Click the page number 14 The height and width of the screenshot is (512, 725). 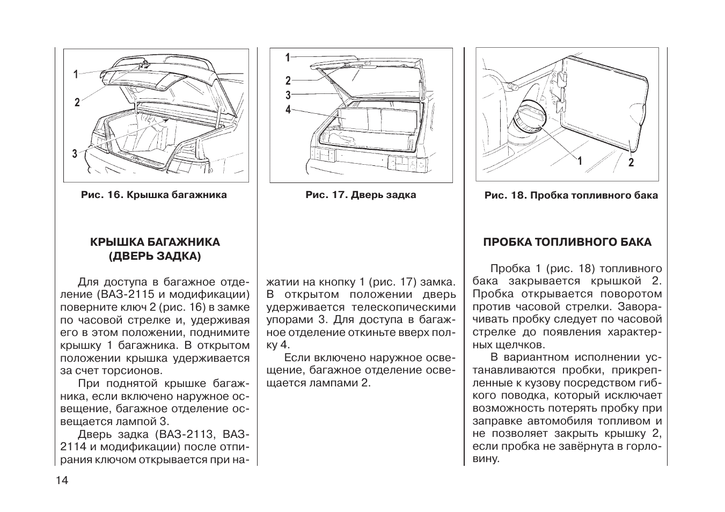tap(62, 480)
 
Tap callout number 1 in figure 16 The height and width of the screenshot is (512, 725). tap(76, 75)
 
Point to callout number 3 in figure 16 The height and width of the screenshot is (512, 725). tap(75, 155)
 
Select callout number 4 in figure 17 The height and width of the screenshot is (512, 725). tap(288, 109)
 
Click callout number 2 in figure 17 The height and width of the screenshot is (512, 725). tap(288, 81)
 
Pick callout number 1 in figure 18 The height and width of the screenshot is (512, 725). tap(580, 161)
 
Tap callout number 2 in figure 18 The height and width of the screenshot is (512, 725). tap(631, 162)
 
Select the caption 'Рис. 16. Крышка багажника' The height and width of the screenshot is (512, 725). tap(154, 195)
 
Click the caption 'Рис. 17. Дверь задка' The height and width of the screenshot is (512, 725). tap(361, 195)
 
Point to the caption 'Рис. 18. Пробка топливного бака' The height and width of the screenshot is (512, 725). tap(571, 195)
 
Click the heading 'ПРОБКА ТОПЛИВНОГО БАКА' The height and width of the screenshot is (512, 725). tap(567, 242)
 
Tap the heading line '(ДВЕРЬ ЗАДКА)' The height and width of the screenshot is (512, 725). tap(155, 257)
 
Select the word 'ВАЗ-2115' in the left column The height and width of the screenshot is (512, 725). tap(119, 295)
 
